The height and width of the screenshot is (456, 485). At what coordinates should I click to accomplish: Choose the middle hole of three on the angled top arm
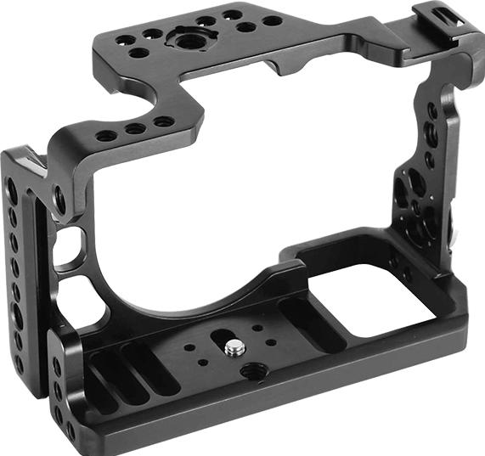click(x=134, y=129)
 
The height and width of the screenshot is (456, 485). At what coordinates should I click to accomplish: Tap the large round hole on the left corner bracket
click(x=60, y=200)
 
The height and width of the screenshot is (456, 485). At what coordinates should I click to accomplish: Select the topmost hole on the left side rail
click(x=11, y=186)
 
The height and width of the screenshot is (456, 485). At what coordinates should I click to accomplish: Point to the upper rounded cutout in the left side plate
click(x=69, y=239)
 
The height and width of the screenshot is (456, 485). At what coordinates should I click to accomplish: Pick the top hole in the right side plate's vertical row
click(x=431, y=111)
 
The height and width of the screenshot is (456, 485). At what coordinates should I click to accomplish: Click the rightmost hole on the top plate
click(x=271, y=20)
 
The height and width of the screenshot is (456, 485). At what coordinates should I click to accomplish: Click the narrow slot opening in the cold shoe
click(x=441, y=16)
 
